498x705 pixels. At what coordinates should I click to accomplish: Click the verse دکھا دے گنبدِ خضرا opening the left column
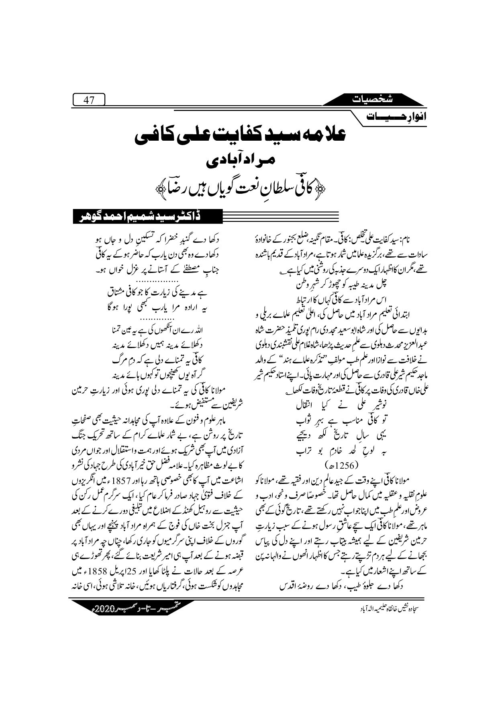[161, 240]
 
